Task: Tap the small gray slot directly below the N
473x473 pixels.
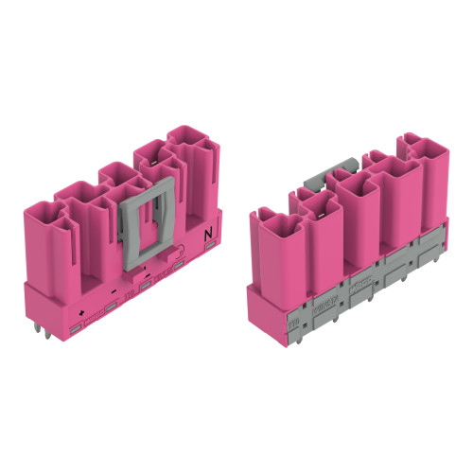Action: click(x=210, y=247)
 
